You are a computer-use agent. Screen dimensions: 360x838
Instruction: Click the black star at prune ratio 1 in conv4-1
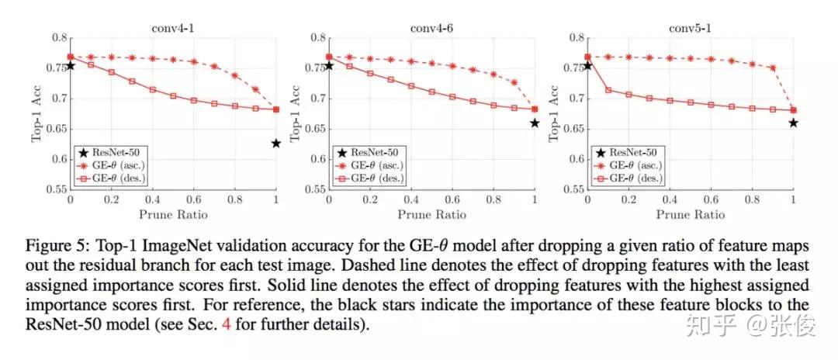276,144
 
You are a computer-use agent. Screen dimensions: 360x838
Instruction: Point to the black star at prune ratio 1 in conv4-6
535,123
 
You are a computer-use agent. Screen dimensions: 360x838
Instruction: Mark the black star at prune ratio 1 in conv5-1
793,123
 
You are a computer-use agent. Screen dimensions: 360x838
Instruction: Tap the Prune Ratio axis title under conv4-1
173,212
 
